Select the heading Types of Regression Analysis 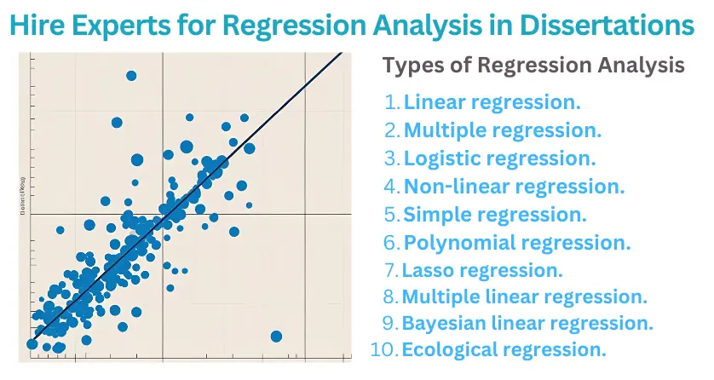coord(533,66)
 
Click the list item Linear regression coord(492,102)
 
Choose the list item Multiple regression coord(503,130)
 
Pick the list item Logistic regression coord(499,158)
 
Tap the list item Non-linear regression coord(514,186)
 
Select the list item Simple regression coord(495,214)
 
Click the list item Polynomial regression coord(517,242)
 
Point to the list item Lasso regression coord(483,270)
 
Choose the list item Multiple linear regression coord(525,297)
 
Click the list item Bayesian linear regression coord(527,324)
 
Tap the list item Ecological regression coord(504,349)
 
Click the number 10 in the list coord(383,349)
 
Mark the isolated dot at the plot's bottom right coord(276,337)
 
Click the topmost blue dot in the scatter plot coord(131,76)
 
